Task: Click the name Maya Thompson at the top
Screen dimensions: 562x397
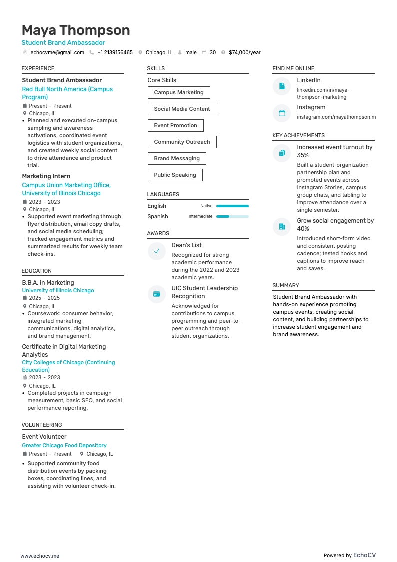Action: click(x=76, y=30)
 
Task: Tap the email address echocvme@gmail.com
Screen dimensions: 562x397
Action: click(x=57, y=52)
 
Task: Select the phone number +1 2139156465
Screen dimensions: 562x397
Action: click(x=115, y=52)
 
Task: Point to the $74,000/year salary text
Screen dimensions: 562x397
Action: click(x=244, y=52)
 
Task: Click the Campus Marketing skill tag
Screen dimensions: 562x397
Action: click(x=179, y=92)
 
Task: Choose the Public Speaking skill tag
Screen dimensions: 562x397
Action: click(x=175, y=175)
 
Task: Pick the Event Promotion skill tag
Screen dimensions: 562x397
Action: click(x=175, y=125)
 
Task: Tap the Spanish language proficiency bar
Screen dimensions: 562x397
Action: click(x=232, y=216)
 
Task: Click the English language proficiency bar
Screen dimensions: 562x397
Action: click(x=232, y=206)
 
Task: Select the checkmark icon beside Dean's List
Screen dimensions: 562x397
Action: click(x=156, y=251)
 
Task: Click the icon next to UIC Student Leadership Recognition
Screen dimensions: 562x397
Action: click(x=156, y=294)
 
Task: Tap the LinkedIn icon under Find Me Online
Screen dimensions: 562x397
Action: click(x=282, y=86)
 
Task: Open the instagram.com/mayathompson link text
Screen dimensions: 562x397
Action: click(x=336, y=117)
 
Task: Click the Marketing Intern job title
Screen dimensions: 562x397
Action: click(x=46, y=176)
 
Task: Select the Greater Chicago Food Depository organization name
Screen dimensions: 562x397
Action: click(x=64, y=445)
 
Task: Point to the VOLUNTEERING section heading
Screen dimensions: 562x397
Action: click(x=42, y=425)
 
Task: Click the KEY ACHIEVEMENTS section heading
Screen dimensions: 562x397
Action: click(x=298, y=135)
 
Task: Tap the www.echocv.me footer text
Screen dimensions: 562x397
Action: click(x=40, y=556)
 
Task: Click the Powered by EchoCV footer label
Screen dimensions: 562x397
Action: click(x=349, y=555)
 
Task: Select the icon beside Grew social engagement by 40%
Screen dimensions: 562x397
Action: click(x=282, y=227)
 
